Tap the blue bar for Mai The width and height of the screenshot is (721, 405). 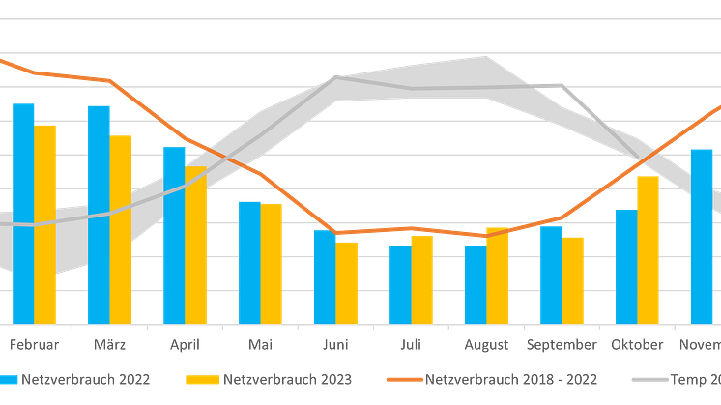point(249,261)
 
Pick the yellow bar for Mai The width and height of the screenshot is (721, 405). point(273,263)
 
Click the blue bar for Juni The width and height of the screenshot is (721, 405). point(324,275)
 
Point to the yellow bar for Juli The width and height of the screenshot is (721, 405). point(421,279)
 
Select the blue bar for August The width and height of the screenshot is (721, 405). point(474,283)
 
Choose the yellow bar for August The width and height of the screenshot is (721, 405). point(497,275)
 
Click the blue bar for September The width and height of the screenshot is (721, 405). point(550,275)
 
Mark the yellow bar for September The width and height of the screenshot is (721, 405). point(573,278)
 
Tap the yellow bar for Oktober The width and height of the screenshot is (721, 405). point(648,248)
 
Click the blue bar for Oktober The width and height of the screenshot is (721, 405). point(624,265)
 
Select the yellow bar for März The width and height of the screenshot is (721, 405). point(122,228)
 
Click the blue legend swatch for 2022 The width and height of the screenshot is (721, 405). point(9,379)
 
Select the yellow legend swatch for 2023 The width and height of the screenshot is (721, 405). point(206,379)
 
